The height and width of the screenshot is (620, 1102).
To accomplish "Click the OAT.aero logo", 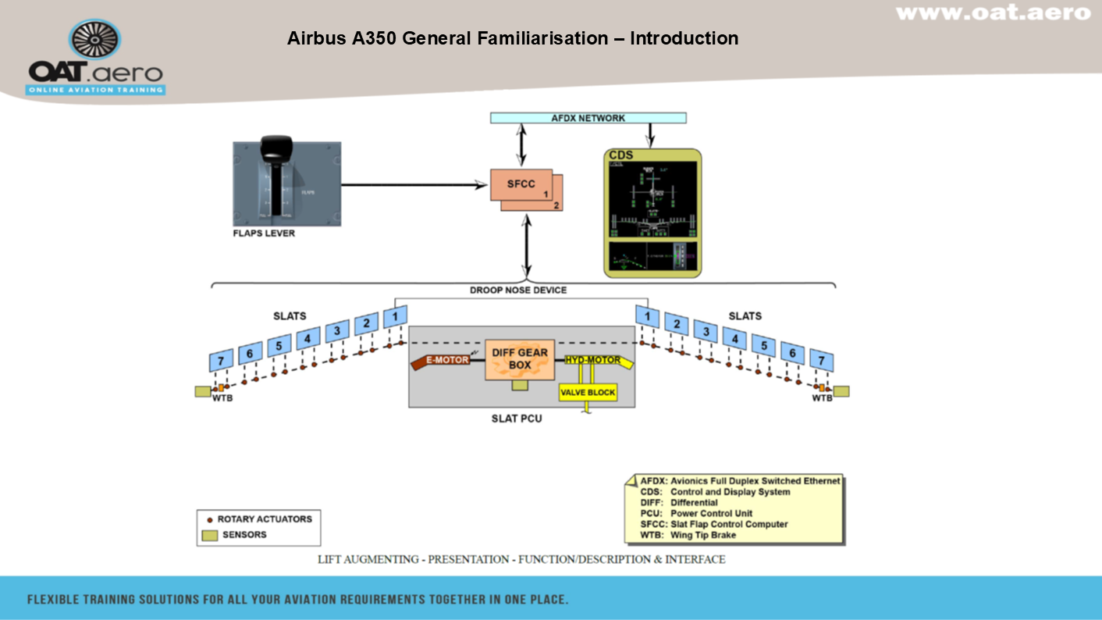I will (95, 59).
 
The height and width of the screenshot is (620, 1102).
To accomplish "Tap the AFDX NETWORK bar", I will (588, 118).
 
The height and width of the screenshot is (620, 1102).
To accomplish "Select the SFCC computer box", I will (522, 185).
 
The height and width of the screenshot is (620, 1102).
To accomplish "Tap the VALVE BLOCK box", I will (588, 392).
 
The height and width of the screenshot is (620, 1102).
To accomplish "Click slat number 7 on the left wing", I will (222, 360).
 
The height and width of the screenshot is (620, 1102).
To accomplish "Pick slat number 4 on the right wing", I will (734, 338).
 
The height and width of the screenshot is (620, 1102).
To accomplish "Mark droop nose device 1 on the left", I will (396, 316).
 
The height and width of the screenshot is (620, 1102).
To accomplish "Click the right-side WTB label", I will (822, 398).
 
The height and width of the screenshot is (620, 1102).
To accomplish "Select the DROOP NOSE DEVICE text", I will (518, 290).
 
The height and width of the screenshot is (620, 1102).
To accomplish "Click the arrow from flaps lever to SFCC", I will (414, 185).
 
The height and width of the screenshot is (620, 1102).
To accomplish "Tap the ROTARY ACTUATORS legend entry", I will (265, 519).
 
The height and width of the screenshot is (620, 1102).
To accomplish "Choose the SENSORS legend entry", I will (244, 535).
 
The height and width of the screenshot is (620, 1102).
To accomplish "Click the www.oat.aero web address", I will (993, 12).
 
